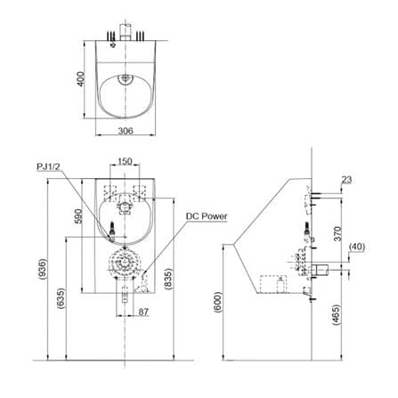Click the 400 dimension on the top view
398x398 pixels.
[x=81, y=78]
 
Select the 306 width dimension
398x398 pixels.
[x=126, y=131]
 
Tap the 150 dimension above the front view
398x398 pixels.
[x=125, y=161]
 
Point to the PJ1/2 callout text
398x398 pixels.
[x=48, y=167]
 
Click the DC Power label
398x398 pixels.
[x=207, y=216]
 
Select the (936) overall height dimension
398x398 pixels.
[x=44, y=270]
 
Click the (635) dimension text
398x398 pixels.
[x=61, y=298]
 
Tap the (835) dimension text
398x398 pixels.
[x=168, y=279]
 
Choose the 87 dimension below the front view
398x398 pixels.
[x=143, y=312]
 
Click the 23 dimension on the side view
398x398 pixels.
[x=346, y=180]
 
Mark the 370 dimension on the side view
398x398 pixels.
[x=338, y=233]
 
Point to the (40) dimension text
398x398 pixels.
[x=357, y=247]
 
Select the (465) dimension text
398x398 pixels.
[x=337, y=315]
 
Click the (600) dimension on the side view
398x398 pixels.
[x=217, y=302]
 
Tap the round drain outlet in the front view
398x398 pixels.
[x=125, y=264]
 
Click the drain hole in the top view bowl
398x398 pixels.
[x=125, y=78]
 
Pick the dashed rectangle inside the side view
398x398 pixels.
[x=273, y=284]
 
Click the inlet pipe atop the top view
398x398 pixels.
[x=126, y=31]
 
